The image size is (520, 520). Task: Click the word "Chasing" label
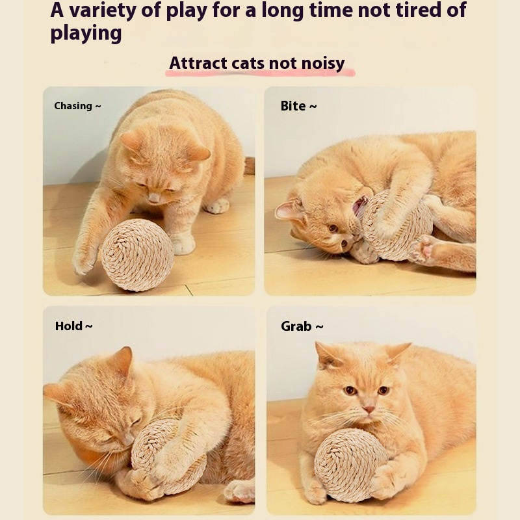tap(73, 106)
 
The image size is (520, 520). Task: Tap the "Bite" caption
tap(293, 106)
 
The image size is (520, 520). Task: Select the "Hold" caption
tap(69, 326)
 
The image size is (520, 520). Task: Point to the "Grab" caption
tap(296, 326)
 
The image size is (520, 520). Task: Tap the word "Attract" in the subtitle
tap(198, 63)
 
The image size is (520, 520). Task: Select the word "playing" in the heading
tap(86, 34)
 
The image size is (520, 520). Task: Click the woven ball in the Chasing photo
tap(138, 255)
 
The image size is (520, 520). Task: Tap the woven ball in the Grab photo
tap(351, 465)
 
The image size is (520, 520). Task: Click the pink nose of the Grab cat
tap(369, 409)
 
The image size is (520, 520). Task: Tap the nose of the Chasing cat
tap(154, 198)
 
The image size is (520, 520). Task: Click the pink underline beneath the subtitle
tap(261, 73)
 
